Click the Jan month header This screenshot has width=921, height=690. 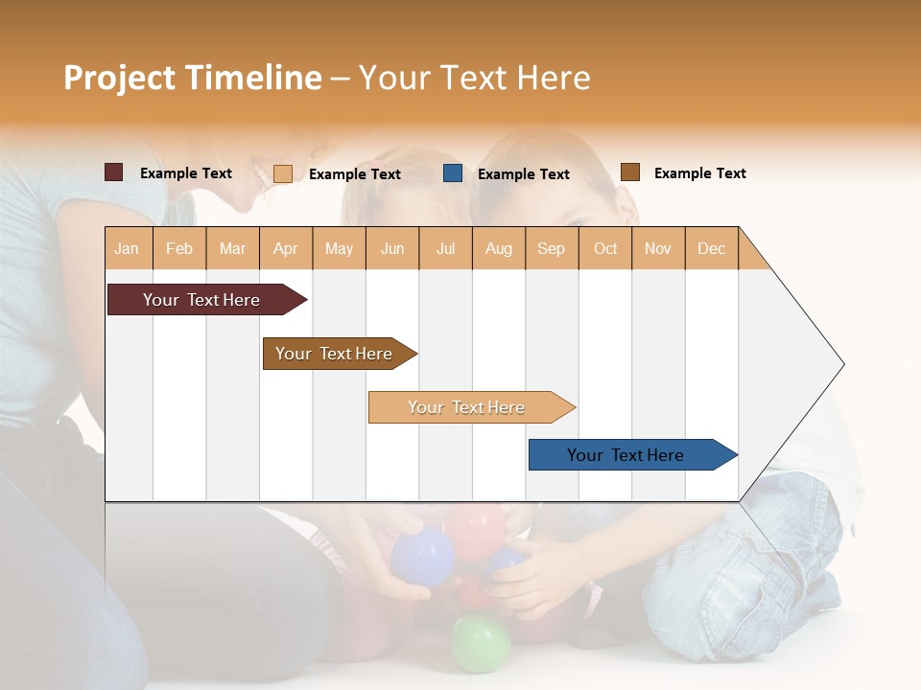click(x=127, y=248)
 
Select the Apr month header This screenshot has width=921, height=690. click(x=285, y=248)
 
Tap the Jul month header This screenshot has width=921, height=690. click(x=445, y=248)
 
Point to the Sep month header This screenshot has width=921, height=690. click(x=551, y=248)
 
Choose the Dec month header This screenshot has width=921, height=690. click(x=711, y=248)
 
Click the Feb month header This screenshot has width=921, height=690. click(x=179, y=248)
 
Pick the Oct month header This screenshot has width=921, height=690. click(x=605, y=248)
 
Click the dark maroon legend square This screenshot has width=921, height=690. click(x=114, y=172)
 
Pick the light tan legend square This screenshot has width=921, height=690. click(x=283, y=173)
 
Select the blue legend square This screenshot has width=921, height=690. click(x=453, y=173)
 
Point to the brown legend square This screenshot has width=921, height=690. click(x=630, y=172)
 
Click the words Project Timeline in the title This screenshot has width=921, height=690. click(x=193, y=78)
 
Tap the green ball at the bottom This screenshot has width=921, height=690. click(x=481, y=643)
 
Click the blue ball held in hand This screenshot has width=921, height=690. click(x=422, y=555)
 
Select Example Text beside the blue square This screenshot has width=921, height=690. click(x=524, y=174)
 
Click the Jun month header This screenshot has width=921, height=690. click(x=392, y=248)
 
